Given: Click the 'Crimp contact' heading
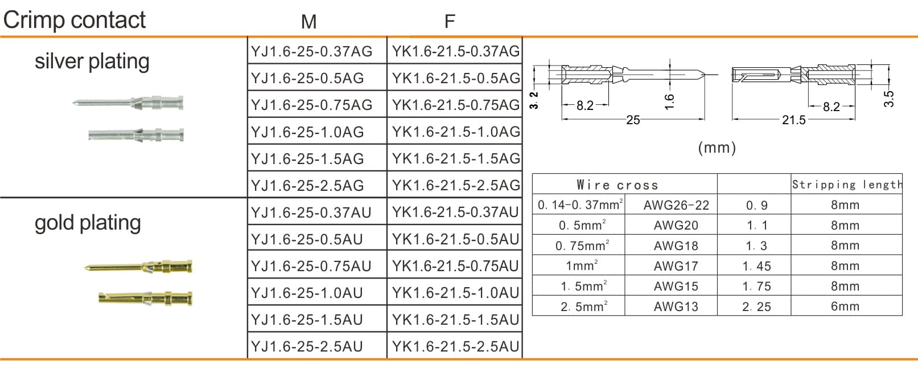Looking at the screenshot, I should [75, 20].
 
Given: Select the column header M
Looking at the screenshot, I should [308, 22].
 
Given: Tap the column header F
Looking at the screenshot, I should [450, 22].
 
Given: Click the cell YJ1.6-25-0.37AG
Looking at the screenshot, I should [312, 51].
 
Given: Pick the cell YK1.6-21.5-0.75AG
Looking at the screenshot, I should [456, 105].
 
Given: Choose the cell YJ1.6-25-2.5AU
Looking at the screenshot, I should [307, 346].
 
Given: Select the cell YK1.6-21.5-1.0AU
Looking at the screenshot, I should [456, 292].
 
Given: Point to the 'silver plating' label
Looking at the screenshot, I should [92, 61].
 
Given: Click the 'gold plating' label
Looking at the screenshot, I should [88, 222].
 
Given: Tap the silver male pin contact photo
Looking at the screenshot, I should [129, 103].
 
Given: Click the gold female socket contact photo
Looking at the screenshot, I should [145, 297].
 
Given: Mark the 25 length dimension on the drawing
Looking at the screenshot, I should [633, 120].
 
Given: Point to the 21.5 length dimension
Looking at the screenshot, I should [793, 120].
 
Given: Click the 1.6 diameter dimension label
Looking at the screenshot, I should [669, 101].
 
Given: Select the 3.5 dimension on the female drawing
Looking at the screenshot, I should [889, 99].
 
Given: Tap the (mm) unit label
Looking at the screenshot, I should [717, 148].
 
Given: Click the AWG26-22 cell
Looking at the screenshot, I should [676, 205].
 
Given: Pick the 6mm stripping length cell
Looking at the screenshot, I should [845, 306].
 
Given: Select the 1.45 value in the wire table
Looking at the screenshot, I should [756, 266].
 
